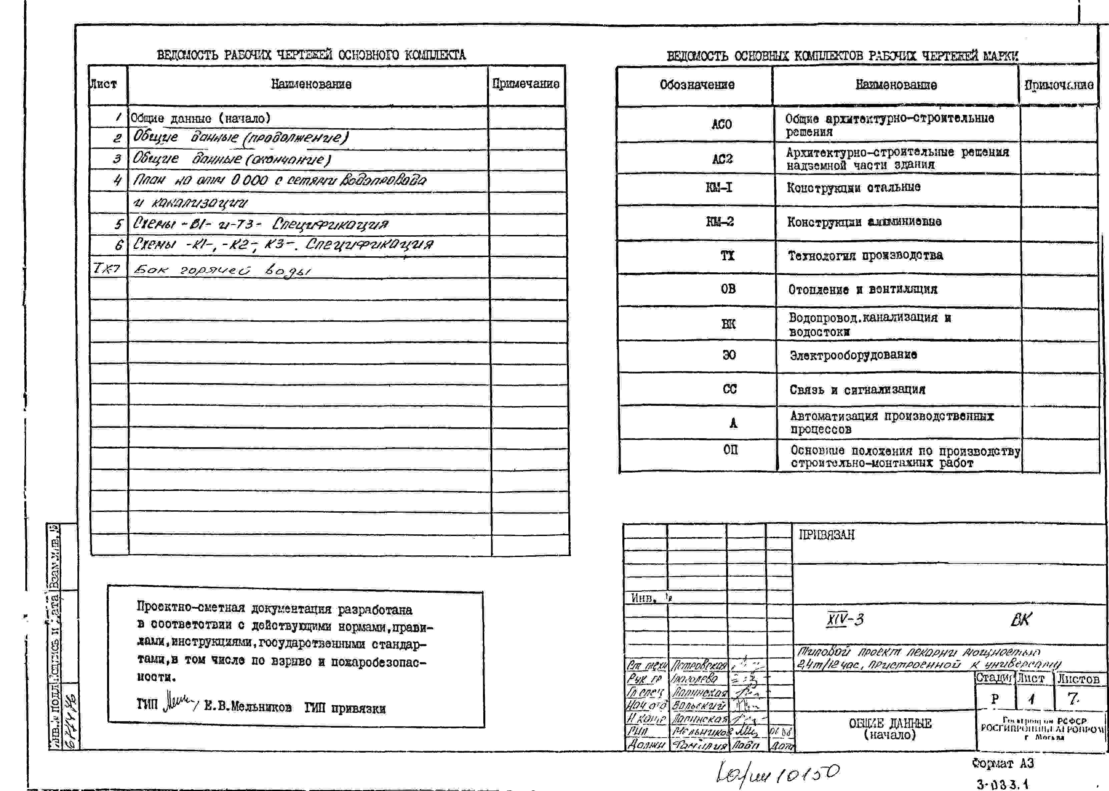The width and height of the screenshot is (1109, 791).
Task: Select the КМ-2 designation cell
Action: tap(720, 222)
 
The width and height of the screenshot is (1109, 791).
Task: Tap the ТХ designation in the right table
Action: tap(727, 256)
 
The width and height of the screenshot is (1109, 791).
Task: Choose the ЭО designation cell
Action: tap(728, 355)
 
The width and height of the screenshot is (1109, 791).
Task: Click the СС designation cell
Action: tap(729, 389)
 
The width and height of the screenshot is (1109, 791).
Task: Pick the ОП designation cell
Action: tap(730, 450)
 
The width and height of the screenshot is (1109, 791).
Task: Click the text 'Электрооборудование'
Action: tap(853, 355)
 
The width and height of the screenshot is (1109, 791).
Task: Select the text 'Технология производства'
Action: tap(865, 256)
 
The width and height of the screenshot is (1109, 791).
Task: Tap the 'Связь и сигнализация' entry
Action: tap(857, 389)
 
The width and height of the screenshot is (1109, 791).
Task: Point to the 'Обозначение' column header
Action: tap(697, 85)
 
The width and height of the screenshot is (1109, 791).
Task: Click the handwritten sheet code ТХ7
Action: tap(106, 268)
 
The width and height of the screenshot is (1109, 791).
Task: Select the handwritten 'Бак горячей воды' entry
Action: tap(222, 270)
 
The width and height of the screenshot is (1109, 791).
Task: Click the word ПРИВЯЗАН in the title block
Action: tap(826, 535)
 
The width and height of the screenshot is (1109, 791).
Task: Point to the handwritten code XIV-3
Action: tap(845, 619)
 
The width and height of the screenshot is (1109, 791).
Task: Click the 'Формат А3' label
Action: tap(1002, 763)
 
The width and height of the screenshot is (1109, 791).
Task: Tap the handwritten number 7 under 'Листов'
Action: tap(1073, 699)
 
